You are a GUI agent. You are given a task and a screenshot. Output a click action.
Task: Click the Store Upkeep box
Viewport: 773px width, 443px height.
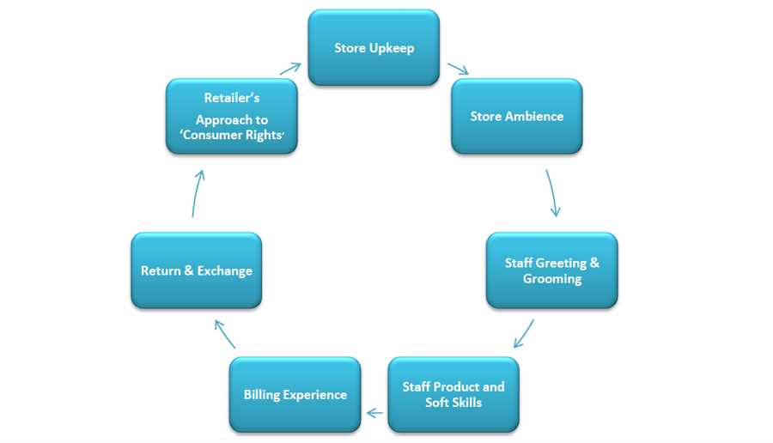[x=374, y=47]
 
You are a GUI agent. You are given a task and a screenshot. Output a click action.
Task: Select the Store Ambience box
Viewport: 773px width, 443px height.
[x=516, y=116]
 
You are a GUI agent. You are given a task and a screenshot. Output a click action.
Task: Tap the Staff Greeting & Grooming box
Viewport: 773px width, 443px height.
[x=551, y=270]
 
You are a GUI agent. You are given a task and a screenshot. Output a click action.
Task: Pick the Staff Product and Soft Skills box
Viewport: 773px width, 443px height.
[x=453, y=394]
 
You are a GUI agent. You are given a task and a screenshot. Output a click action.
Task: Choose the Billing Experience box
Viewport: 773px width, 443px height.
[x=295, y=394]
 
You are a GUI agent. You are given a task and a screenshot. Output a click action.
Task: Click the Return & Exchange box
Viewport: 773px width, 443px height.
[x=196, y=270]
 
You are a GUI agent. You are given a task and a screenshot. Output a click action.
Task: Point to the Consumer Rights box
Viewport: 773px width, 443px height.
[x=231, y=116]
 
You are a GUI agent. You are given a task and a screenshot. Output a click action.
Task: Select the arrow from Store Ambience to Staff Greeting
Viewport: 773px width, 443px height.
[x=552, y=192]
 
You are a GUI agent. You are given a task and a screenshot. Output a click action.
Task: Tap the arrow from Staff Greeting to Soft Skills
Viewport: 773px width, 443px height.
[x=524, y=334]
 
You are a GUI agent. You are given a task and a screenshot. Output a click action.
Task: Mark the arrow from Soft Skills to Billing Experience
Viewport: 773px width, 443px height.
[x=374, y=413]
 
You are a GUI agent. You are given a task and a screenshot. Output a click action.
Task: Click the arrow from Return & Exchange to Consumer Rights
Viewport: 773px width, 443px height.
[x=197, y=192]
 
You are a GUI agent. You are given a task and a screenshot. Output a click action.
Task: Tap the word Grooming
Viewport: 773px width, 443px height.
[x=552, y=279]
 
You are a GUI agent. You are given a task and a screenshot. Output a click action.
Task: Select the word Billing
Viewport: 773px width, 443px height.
[x=261, y=395]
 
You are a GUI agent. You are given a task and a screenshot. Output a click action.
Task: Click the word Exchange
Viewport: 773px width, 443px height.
[x=225, y=271]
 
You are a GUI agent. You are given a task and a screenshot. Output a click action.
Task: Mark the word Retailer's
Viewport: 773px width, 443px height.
[x=232, y=98]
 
